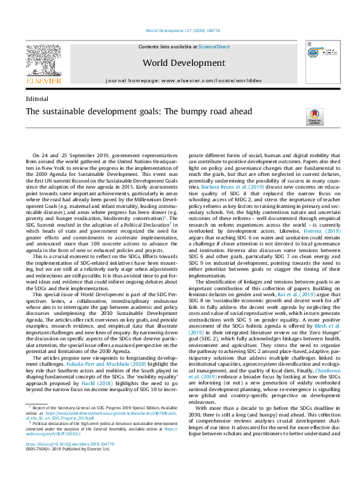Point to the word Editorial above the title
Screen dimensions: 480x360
38,98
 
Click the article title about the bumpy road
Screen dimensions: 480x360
134,112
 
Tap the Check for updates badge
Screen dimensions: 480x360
315,117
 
